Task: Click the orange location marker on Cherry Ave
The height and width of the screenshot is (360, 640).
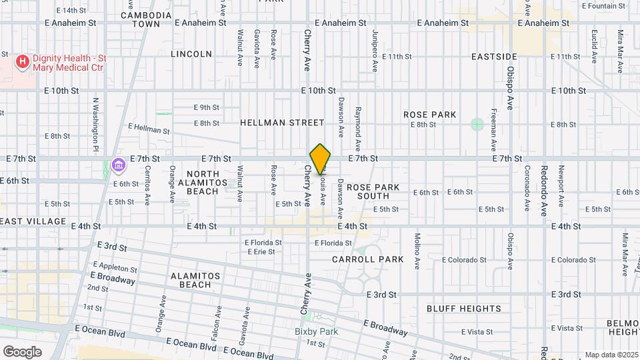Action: point(321,159)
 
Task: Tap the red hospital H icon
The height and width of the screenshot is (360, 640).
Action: point(23,62)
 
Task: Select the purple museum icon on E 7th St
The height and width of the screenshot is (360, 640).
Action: point(119,163)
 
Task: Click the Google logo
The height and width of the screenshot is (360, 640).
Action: point(22,351)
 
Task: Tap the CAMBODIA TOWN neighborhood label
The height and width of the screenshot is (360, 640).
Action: point(146,19)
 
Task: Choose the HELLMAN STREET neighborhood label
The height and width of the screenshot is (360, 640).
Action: point(282,123)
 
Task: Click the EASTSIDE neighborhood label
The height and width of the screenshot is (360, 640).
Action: point(494,57)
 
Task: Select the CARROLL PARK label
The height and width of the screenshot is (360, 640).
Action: point(368,259)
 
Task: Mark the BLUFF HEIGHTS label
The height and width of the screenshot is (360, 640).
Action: point(464,309)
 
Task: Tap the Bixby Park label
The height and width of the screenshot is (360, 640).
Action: point(316,331)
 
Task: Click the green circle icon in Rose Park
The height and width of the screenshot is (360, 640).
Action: point(477,124)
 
